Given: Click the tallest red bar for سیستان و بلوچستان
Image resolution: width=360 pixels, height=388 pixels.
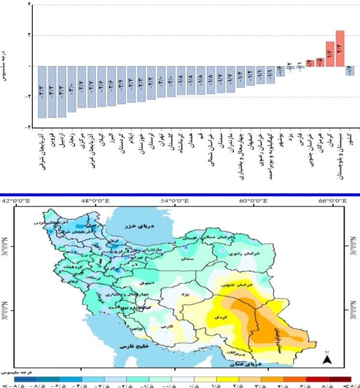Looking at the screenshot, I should pos(340,48).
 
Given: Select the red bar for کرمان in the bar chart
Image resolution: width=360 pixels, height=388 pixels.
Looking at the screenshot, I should pos(330,54).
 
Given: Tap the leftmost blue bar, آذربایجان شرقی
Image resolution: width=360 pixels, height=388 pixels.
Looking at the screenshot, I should pos(42,92).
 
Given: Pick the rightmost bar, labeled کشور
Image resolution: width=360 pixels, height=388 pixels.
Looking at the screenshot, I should pos(350,71).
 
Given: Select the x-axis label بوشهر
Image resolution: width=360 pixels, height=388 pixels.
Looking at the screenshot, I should pos(280,139).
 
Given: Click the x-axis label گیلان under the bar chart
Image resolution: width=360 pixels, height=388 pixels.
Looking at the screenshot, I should pos(101,139).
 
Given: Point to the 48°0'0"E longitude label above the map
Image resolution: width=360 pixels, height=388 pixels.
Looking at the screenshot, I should pos(95,201).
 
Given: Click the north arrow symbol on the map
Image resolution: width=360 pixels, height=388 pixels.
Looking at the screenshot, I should pos(327,359).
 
